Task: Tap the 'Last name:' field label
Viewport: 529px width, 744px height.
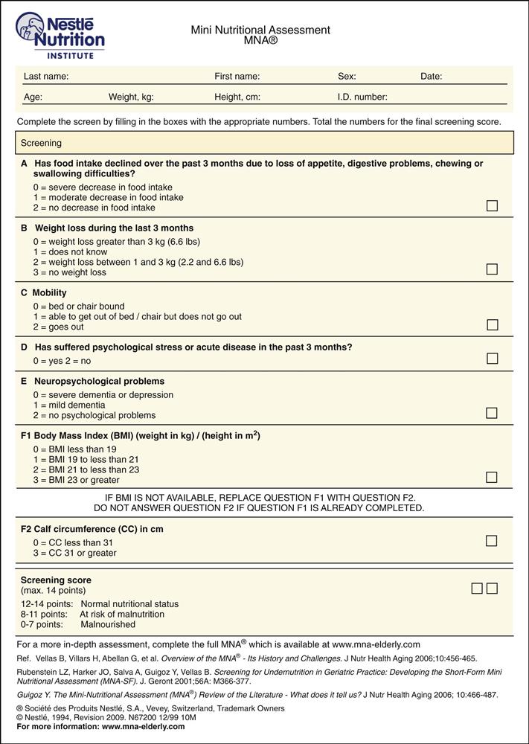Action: (x=46, y=77)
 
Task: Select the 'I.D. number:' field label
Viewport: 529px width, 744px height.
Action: (x=362, y=97)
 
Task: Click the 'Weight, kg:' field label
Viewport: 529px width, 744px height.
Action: (x=131, y=97)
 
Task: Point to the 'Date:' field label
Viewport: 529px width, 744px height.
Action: (x=431, y=77)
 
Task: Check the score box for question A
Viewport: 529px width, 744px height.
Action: (x=492, y=206)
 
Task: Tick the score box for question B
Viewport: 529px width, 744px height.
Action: (x=492, y=269)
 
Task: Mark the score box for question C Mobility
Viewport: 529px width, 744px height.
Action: (x=492, y=324)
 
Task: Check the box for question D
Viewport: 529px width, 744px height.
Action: (x=492, y=359)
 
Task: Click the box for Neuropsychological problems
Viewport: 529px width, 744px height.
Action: (x=492, y=413)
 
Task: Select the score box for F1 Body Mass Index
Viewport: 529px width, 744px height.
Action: (x=492, y=478)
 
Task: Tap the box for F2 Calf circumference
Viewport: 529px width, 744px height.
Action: (x=492, y=541)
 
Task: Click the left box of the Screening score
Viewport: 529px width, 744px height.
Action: (x=477, y=589)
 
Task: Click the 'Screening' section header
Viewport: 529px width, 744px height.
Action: (x=41, y=143)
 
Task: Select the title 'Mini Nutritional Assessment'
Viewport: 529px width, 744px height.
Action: (x=260, y=31)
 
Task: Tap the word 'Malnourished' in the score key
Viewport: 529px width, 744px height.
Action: (x=108, y=625)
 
